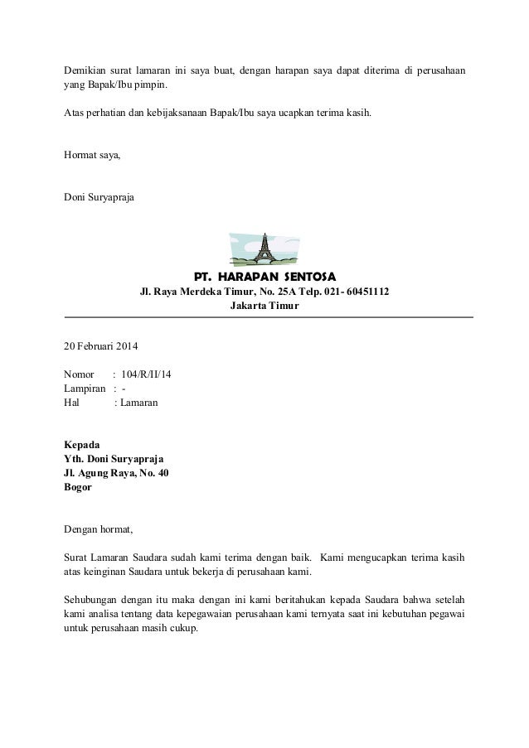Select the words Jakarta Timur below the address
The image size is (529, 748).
point(264,306)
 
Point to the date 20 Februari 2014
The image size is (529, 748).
point(102,345)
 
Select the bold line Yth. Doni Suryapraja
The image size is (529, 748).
point(114,459)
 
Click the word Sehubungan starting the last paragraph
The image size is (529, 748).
point(91,598)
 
